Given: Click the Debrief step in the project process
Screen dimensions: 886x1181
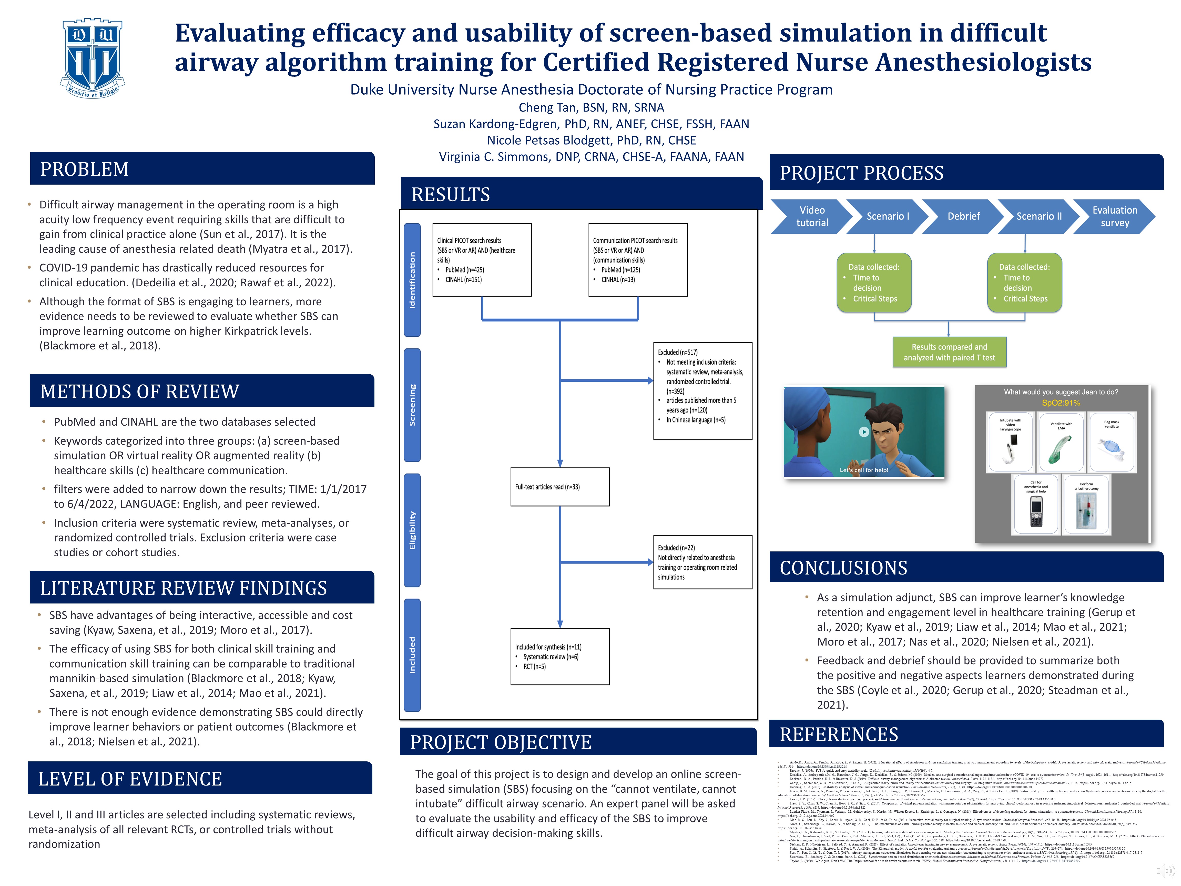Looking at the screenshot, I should point(963,216).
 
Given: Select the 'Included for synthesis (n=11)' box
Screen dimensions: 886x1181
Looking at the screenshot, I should point(559,656).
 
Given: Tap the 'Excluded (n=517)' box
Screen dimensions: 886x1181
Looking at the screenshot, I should point(702,391).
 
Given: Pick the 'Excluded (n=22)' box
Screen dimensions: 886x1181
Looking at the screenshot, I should point(702,562).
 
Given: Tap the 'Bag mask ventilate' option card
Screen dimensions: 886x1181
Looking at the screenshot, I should point(1112,442).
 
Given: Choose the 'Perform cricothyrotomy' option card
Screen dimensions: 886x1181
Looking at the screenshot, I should point(1086,505).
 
